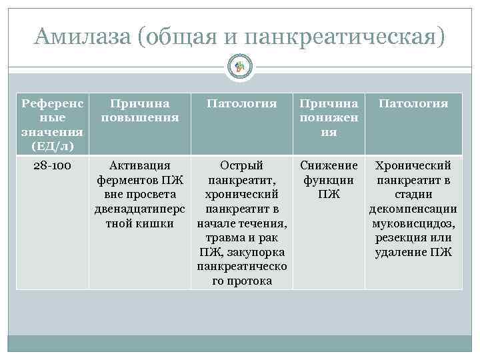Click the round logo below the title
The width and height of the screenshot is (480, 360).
click(x=240, y=65)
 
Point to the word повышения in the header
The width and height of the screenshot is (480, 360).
click(x=140, y=117)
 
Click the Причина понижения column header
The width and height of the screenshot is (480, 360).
click(x=328, y=117)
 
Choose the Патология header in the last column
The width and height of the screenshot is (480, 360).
click(x=413, y=103)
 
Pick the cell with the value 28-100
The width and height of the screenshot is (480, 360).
click(x=52, y=165)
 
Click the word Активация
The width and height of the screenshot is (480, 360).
click(x=140, y=165)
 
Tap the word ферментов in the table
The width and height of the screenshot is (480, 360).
click(x=127, y=180)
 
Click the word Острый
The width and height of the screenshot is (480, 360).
click(x=241, y=165)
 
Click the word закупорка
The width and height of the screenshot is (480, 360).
click(x=257, y=252)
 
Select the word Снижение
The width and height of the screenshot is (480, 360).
click(x=329, y=165)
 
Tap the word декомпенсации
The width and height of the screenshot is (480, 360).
click(x=413, y=209)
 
